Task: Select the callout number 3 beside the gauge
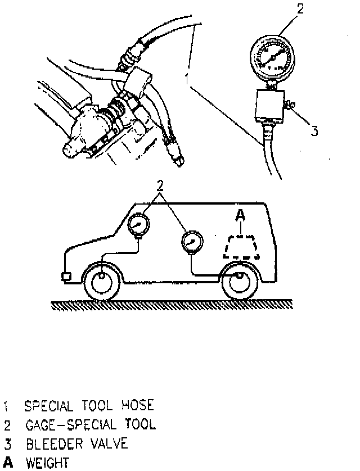315,131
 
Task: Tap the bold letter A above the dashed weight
241,214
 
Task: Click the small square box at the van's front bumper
66,277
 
